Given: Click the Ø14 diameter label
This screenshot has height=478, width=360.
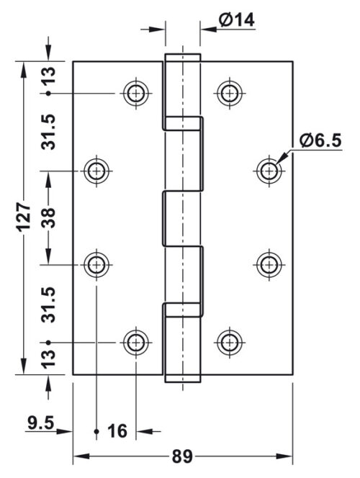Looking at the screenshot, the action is click(x=236, y=20).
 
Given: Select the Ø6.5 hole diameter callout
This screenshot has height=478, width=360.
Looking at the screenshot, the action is click(x=320, y=140).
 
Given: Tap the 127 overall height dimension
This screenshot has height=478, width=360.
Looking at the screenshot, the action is click(x=24, y=217).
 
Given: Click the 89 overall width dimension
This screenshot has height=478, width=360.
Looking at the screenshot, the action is click(x=182, y=456).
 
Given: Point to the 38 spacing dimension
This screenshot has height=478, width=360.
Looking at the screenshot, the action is click(x=48, y=217).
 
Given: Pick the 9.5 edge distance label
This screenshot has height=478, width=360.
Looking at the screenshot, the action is click(x=40, y=423).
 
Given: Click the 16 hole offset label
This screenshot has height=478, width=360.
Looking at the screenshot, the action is click(x=117, y=431).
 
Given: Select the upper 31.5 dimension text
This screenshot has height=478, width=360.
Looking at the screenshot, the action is click(x=48, y=132).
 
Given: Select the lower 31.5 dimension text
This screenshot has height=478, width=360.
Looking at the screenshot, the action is click(x=48, y=305).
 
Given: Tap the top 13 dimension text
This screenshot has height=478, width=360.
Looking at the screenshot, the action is click(x=48, y=76).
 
